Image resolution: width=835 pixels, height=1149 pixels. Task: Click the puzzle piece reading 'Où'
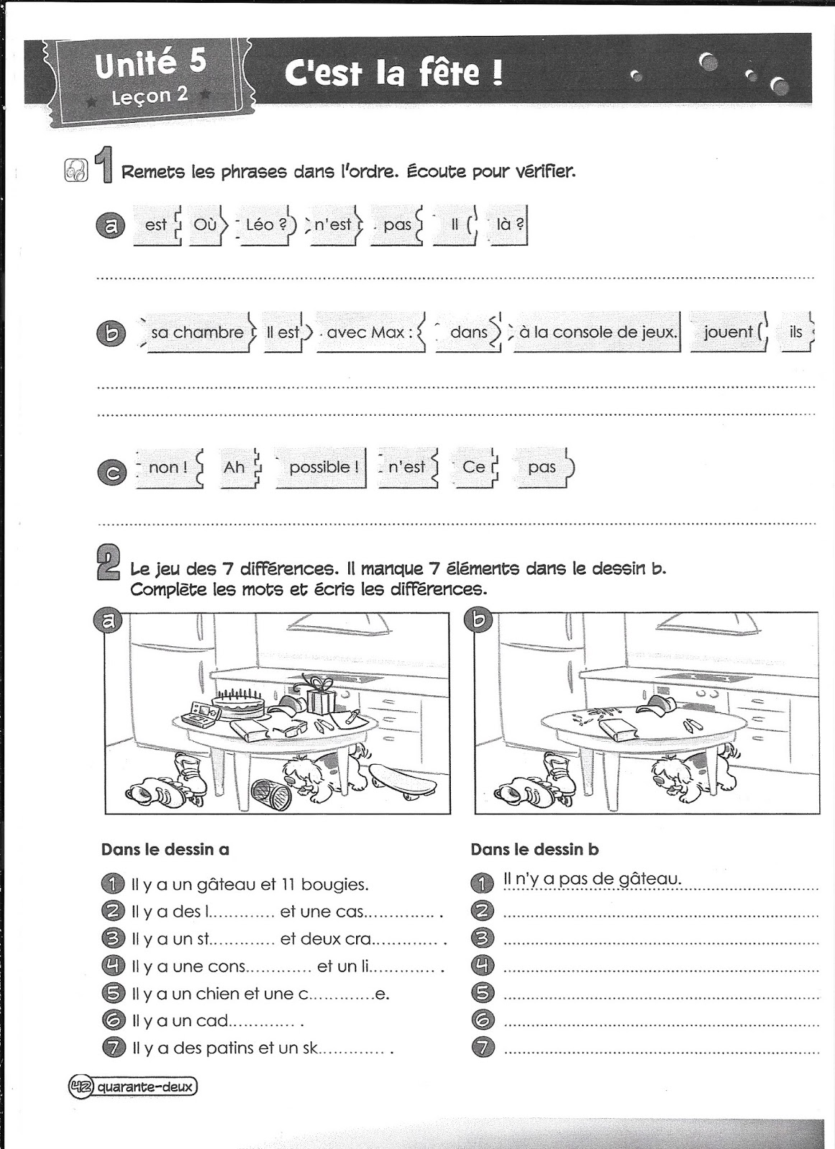205,225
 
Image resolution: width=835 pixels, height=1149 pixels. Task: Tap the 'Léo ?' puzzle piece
265,225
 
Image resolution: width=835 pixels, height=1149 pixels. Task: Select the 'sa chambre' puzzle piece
197,332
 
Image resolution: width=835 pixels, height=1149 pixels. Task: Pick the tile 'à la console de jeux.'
597,332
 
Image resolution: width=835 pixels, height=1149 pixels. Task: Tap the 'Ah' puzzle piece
234,467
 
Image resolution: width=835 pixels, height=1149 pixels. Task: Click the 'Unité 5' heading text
151,65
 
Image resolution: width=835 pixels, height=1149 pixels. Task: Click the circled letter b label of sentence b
111,333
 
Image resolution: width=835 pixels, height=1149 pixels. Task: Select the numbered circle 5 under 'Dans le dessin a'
113,994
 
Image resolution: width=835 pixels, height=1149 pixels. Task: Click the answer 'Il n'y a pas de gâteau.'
592,878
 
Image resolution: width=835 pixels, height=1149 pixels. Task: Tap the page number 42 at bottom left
79,1087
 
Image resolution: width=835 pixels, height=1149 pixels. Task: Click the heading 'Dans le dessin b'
534,850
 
